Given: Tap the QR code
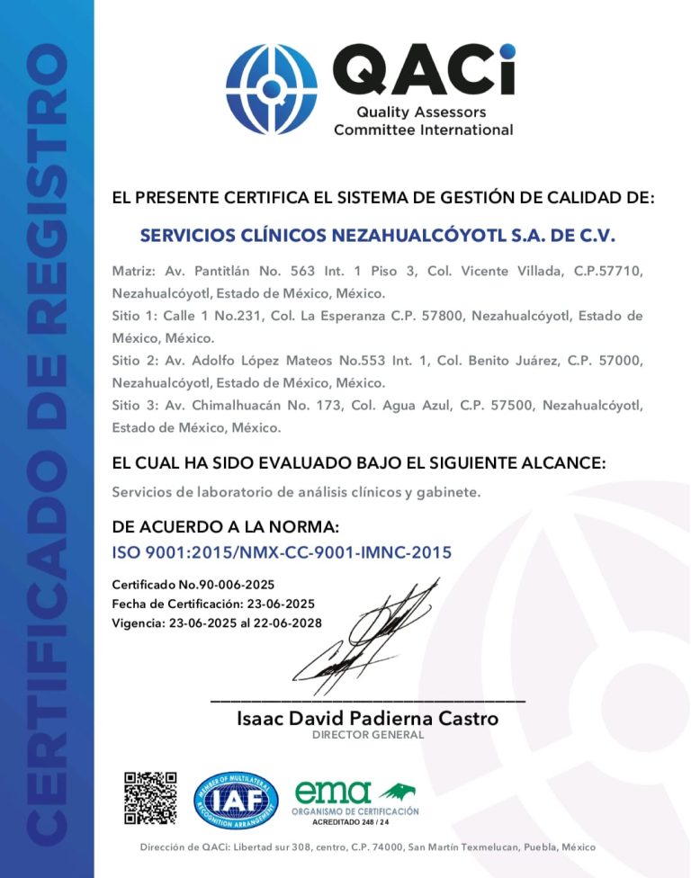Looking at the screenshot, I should click(x=149, y=798).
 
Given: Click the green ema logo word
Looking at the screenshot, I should click(x=333, y=792).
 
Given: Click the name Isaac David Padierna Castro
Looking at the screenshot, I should click(x=367, y=719).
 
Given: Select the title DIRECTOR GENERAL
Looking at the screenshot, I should click(x=367, y=735).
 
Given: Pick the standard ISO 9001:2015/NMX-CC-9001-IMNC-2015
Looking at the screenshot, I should click(x=282, y=552).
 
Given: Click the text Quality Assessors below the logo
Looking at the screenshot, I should click(x=421, y=112).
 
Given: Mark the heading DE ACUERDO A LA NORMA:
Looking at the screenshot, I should click(x=226, y=526).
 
